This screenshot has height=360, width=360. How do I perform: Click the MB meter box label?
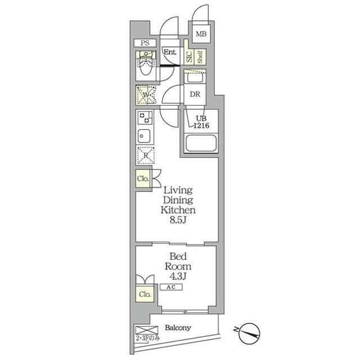201,34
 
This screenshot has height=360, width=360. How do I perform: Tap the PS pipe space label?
145,43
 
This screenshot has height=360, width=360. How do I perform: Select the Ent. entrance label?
170,52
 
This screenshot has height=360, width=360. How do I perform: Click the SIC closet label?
189,57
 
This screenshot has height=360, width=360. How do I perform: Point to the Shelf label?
200,57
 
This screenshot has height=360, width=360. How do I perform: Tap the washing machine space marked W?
146,95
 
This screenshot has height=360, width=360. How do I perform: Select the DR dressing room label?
195,94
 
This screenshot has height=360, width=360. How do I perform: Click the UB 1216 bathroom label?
201,122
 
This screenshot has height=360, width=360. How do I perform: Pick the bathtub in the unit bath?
201,143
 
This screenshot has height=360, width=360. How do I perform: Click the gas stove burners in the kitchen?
145,118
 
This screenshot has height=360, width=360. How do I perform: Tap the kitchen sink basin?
144,136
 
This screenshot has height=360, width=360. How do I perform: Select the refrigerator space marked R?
146,155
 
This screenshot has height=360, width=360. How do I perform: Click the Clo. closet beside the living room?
143,178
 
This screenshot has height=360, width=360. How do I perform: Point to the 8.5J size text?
178,220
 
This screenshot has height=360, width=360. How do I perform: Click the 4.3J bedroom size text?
178,276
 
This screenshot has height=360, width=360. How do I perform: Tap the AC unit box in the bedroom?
171,287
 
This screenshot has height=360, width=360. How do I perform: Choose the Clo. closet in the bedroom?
145,294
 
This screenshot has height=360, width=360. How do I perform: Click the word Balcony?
178,327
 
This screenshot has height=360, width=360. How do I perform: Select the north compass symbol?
249,334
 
